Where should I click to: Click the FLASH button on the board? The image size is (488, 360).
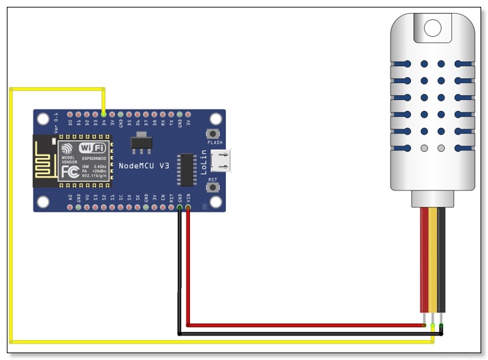tap(214, 133)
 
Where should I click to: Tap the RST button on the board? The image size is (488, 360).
tap(214, 189)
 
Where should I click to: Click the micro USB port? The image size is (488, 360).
tap(222, 161)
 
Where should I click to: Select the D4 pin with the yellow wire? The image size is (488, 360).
tap(103, 114)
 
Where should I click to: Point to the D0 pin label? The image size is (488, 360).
tap(70, 123)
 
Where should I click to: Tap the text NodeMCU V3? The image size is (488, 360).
tap(144, 166)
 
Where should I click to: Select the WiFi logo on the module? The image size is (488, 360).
tap(92, 148)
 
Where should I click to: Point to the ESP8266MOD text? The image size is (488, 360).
tap(95, 159)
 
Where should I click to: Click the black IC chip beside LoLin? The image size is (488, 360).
tap(186, 169)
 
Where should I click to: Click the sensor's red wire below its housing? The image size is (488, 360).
tap(425, 259)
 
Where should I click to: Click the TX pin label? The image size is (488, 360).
tap(171, 123)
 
